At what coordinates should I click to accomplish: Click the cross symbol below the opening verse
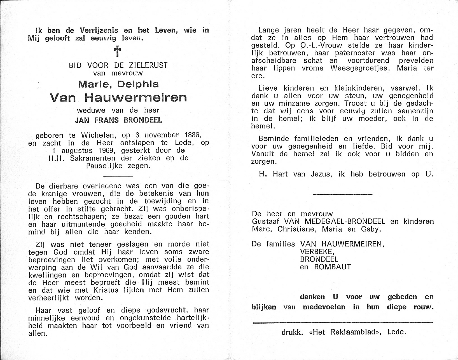point(118,52)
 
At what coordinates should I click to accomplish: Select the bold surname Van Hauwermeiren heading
point(118,97)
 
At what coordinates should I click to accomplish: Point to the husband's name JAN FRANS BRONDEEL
point(118,120)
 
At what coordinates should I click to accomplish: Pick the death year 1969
point(103,150)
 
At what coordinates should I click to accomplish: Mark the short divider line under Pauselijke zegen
point(118,176)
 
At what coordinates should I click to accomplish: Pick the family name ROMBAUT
point(332,267)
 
